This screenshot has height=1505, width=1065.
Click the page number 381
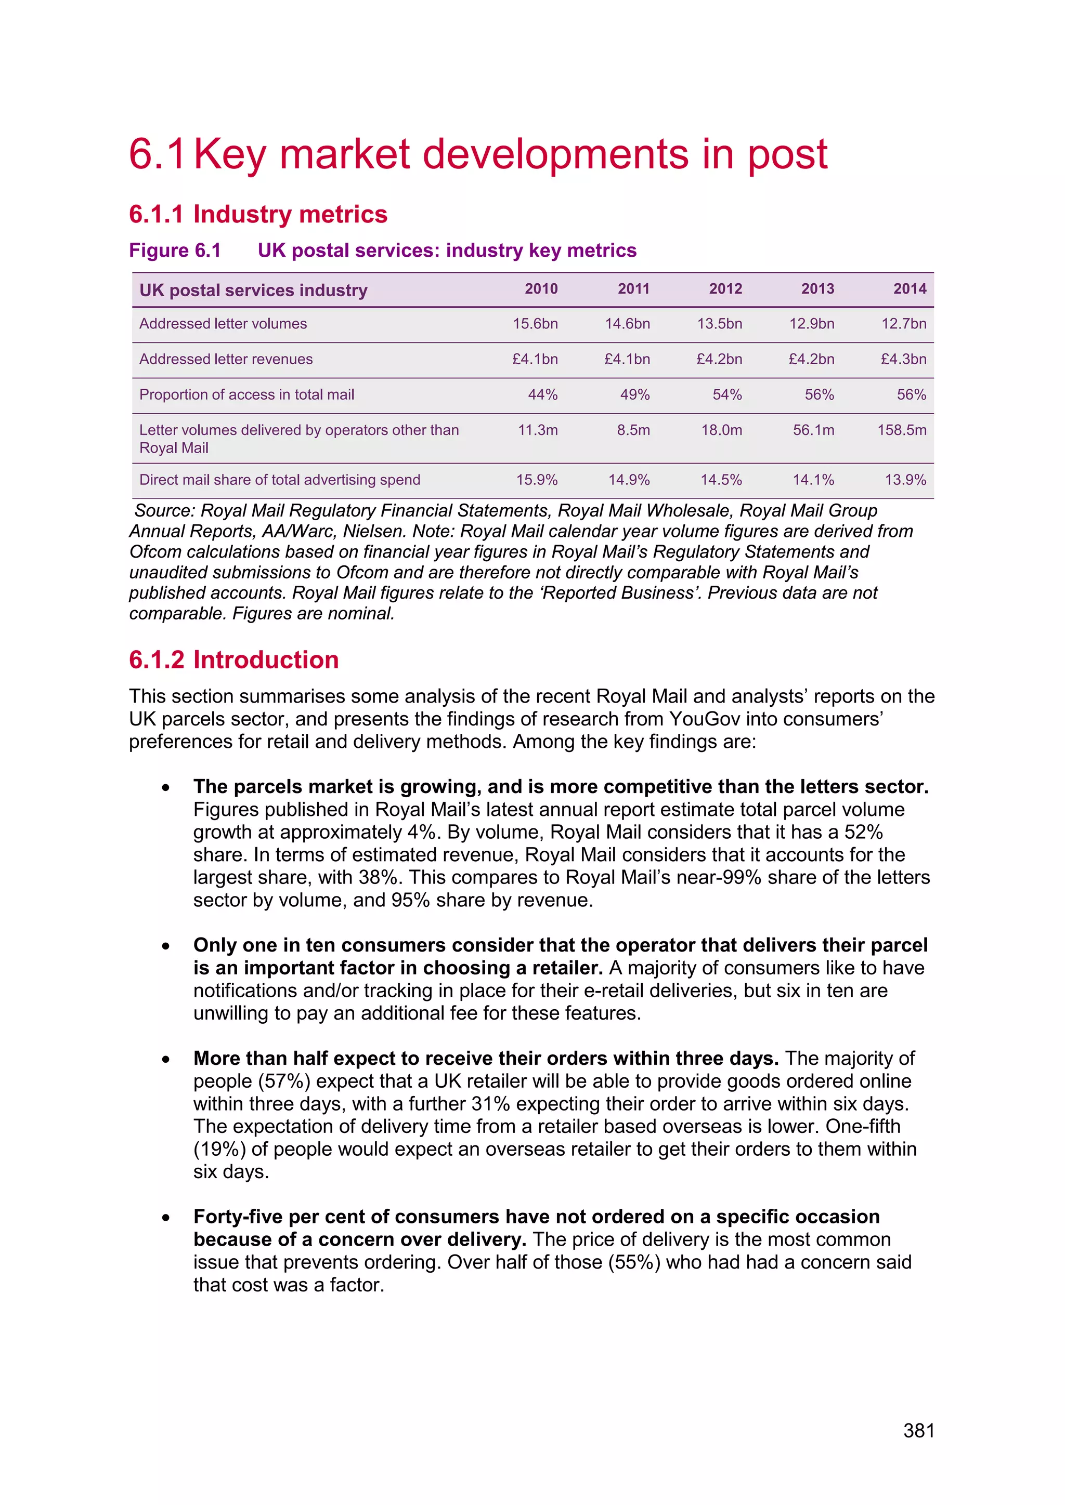pyautogui.click(x=918, y=1430)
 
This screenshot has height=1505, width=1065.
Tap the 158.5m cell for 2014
pyautogui.click(x=902, y=430)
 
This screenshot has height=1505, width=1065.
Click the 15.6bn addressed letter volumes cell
pyautogui.click(x=535, y=324)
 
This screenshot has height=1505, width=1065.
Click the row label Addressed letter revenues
pyautogui.click(x=226, y=359)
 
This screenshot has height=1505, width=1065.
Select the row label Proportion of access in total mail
pyautogui.click(x=246, y=394)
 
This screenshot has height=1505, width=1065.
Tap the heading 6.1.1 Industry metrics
pyautogui.click(x=258, y=214)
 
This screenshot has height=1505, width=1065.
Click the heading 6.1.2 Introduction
pyautogui.click(x=233, y=659)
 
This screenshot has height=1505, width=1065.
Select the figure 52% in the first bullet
pyautogui.click(x=863, y=832)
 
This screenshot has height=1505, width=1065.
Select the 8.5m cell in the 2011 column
pyautogui.click(x=633, y=430)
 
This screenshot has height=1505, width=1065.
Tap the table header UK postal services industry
pyautogui.click(x=253, y=291)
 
